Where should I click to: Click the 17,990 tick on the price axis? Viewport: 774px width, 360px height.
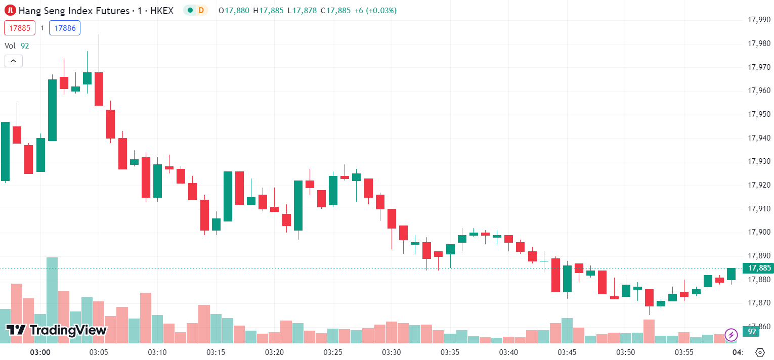759,20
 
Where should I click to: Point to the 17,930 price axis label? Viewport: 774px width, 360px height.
759,161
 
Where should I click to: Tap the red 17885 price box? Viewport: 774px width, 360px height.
20,28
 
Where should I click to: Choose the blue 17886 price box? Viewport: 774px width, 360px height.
65,28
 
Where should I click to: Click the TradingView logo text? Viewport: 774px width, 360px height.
57,330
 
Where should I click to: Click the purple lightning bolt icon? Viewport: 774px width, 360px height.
731,334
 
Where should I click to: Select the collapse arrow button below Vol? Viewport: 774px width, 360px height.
14,61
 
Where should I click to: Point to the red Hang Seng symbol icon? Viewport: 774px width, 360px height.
10,10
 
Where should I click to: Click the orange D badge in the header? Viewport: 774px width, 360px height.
201,10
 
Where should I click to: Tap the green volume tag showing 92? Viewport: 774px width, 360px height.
751,332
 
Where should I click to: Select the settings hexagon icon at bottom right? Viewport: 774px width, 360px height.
759,352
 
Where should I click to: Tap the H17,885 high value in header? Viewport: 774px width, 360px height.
268,10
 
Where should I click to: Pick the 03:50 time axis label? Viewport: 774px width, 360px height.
626,352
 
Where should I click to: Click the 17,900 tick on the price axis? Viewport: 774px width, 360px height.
759,232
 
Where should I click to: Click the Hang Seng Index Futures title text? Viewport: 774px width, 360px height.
74,10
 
